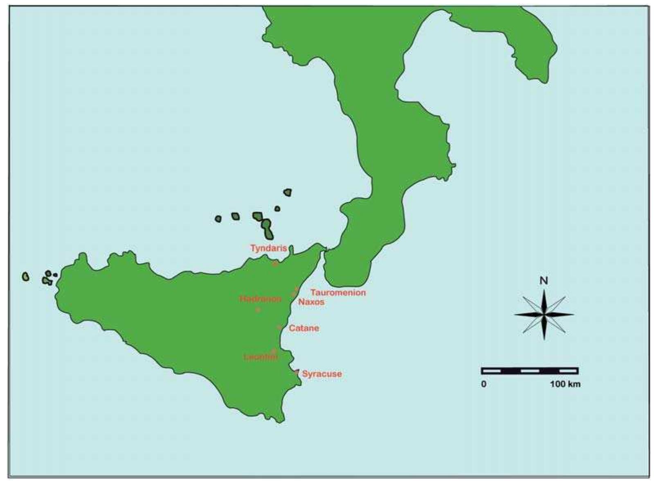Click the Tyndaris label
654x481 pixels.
tap(268, 248)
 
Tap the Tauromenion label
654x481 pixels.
tap(338, 293)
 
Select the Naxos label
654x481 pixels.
tap(311, 302)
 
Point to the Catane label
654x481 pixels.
tap(304, 328)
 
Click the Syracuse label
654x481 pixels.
tap(322, 374)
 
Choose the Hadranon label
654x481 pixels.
tap(260, 299)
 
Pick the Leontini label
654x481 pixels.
tap(261, 357)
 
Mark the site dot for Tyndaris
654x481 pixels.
tap(275, 264)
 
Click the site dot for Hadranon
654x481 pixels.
tap(258, 309)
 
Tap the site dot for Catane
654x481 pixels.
tap(280, 327)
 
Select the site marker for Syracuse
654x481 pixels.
tap(297, 372)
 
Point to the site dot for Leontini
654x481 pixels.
tap(274, 351)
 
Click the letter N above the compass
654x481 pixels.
tap(544, 281)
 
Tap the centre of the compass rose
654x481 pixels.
tap(544, 314)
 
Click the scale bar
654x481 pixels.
tap(530, 371)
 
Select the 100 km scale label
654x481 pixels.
tap(565, 384)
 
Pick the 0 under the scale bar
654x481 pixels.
tap(484, 384)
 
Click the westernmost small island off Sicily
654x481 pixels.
tap(26, 277)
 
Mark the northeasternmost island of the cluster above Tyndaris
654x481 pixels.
tap(288, 192)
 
